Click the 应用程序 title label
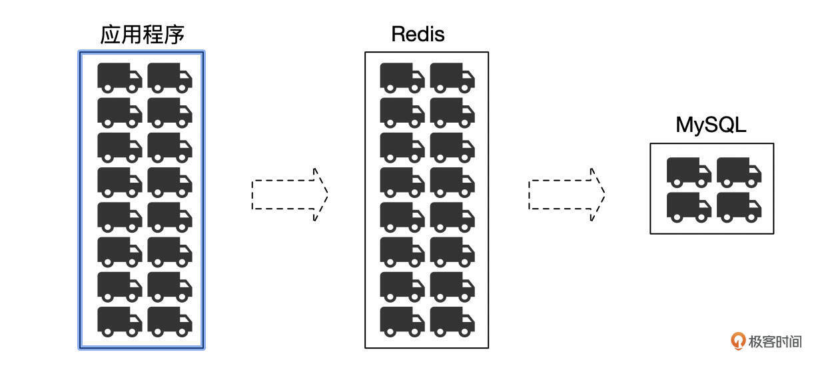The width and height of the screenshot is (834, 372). [142, 35]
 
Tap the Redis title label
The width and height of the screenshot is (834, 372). [418, 34]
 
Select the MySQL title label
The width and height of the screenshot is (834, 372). [711, 125]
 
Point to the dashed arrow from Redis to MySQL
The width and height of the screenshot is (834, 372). [567, 194]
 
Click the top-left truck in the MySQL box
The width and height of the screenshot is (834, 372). [689, 171]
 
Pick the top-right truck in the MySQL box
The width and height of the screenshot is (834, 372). [739, 171]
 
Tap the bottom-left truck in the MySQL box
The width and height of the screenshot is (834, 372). [689, 206]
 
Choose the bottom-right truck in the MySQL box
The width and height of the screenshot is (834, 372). [739, 206]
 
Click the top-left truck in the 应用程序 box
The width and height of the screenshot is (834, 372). [120, 77]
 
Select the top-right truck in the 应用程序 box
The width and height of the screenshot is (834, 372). [170, 77]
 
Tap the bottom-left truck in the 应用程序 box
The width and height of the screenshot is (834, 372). [120, 320]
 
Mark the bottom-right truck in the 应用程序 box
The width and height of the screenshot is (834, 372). [170, 320]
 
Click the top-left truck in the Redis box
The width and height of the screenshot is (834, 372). [402, 77]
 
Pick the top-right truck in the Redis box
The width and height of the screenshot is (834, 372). [452, 77]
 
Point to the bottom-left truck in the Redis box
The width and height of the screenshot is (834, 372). [402, 320]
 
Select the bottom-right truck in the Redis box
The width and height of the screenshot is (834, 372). [452, 320]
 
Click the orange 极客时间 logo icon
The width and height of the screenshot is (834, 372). [738, 341]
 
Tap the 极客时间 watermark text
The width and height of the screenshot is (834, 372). [775, 341]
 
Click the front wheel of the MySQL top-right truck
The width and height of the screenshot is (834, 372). [751, 182]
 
